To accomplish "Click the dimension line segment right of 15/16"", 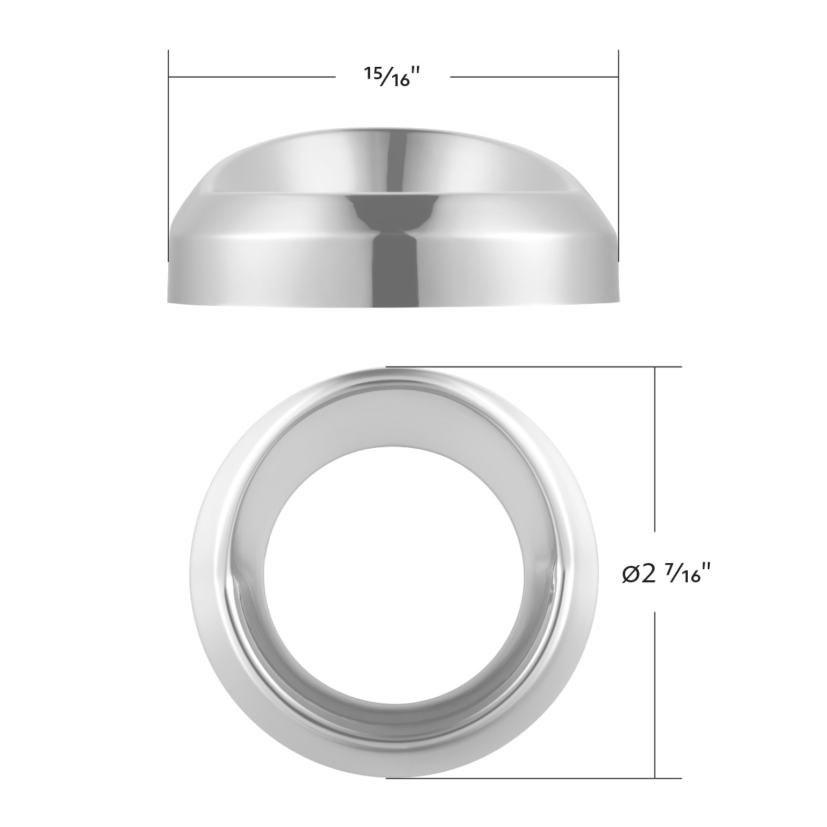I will point(534,76).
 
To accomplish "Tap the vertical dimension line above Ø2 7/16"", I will point(654,462).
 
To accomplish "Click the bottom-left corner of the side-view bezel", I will point(170,300).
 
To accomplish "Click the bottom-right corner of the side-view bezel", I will point(617,300).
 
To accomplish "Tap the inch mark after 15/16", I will point(416,74).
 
